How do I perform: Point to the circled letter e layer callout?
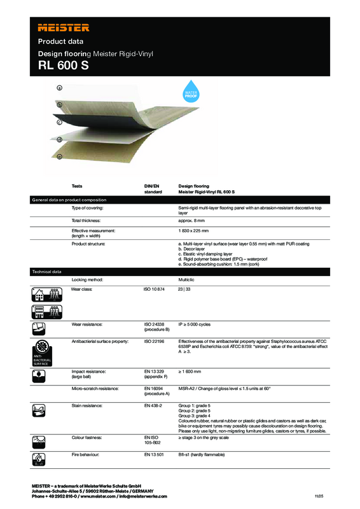pos(59,156)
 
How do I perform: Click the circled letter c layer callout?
pos(59,121)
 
